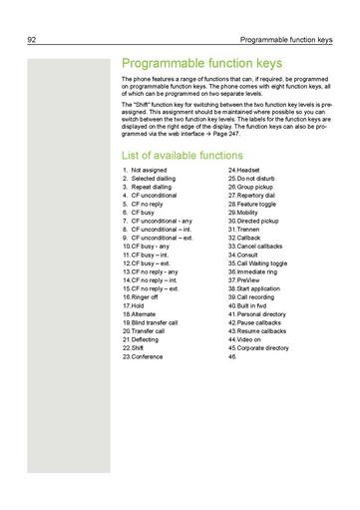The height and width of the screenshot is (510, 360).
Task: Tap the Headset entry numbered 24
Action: coord(247,171)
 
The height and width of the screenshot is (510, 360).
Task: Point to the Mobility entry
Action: coord(248,213)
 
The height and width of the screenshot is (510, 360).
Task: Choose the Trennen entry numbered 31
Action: coord(248,230)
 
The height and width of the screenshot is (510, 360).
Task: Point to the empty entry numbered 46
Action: coord(233,356)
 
